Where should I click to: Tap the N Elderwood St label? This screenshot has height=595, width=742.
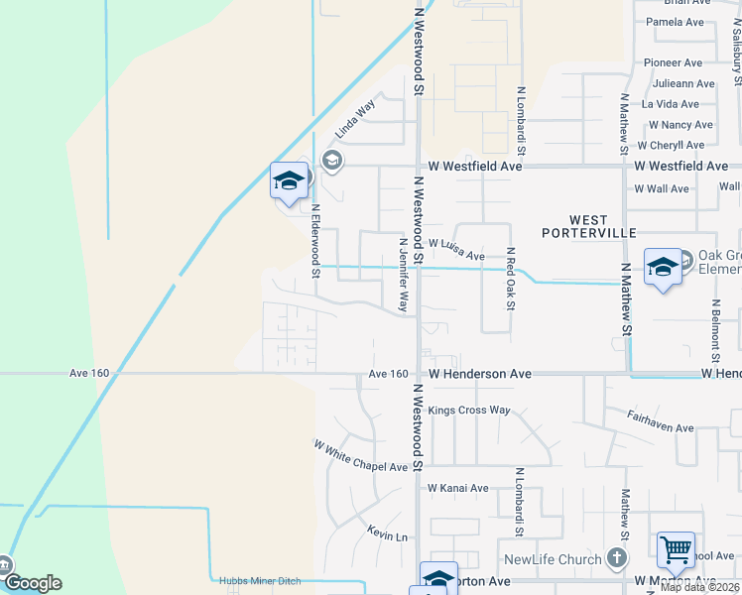pos(315,241)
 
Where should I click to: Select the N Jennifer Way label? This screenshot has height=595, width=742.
pos(403,275)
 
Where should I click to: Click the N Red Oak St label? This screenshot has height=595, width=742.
pos(510,280)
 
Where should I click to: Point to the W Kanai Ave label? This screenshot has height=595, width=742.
pos(458,488)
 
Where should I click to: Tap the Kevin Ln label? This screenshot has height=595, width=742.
pos(387,535)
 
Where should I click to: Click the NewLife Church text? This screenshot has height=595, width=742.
pos(553,559)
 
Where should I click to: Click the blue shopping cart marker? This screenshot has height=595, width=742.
pos(676,548)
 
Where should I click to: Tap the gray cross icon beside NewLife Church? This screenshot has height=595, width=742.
pos(615,558)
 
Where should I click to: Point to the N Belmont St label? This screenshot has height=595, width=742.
pos(713,331)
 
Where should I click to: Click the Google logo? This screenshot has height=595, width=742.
pos(32,583)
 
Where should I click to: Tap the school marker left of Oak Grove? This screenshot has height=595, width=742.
pos(663,267)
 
